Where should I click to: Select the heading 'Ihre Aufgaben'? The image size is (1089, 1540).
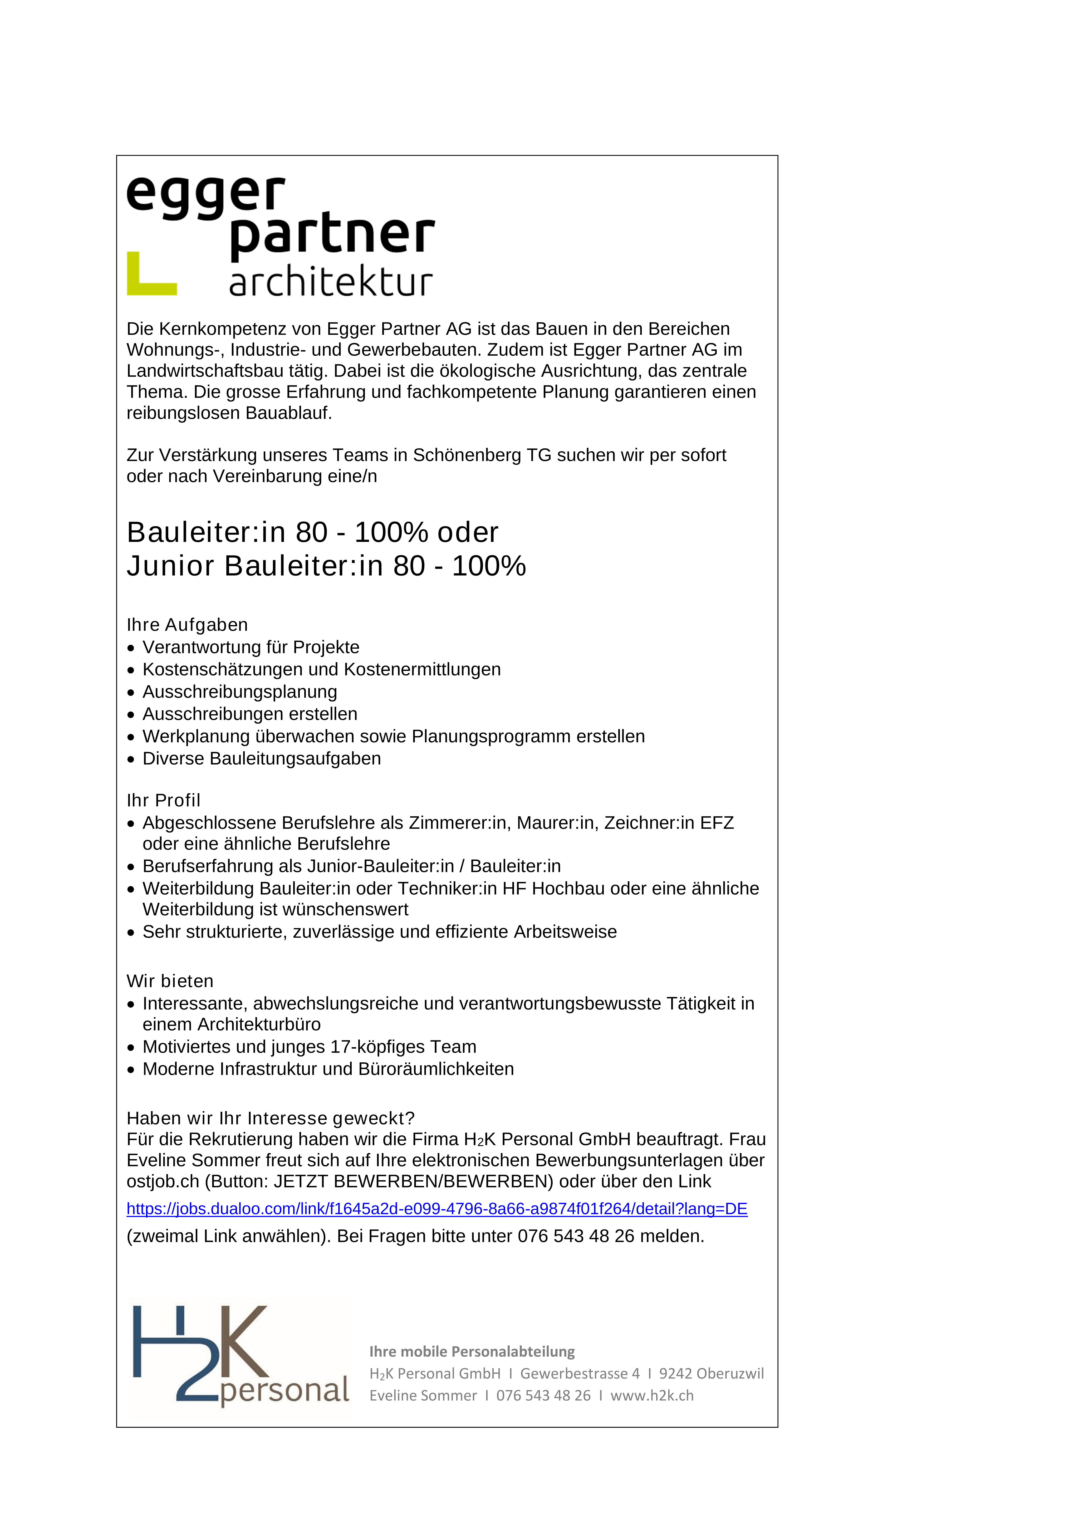(187, 625)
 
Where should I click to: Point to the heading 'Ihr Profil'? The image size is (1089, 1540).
(164, 800)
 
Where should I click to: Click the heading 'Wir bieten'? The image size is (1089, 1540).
(170, 981)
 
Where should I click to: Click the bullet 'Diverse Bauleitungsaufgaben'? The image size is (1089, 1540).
(262, 759)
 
